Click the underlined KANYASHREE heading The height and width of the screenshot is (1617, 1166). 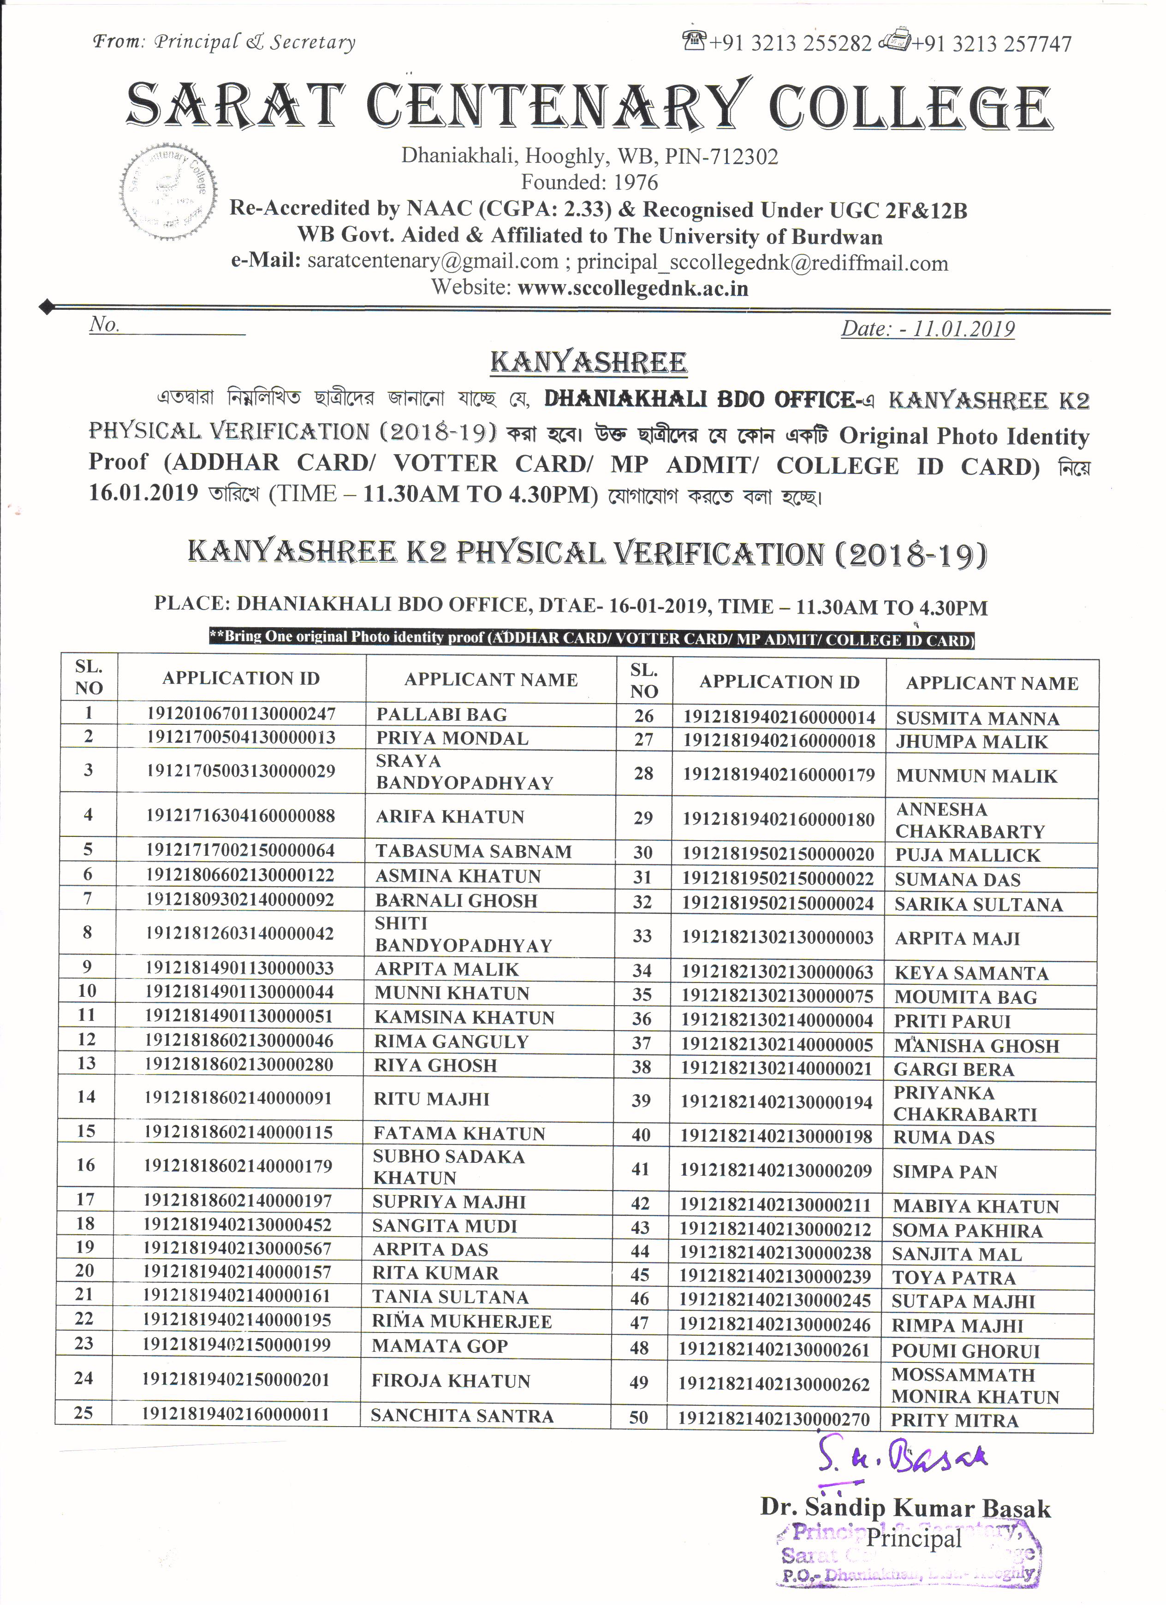589,362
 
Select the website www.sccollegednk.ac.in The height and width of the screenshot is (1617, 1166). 632,288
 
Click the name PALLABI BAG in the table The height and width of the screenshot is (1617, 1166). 441,714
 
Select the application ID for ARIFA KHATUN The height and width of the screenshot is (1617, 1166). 240,816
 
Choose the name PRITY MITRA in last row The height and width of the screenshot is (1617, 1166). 954,1420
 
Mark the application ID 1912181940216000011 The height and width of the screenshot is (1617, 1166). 235,1414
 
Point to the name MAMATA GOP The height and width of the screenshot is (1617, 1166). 439,1346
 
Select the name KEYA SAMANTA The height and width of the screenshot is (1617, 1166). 971,973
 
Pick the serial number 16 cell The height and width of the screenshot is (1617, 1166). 86,1165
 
